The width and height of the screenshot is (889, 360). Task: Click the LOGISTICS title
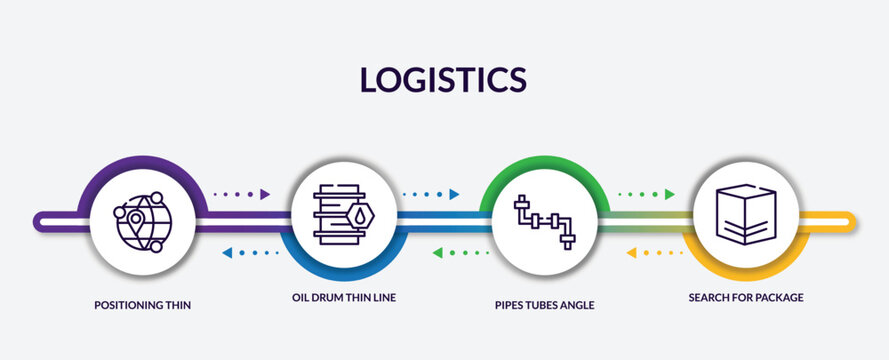pos(443,79)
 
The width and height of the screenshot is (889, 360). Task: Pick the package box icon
pos(745,214)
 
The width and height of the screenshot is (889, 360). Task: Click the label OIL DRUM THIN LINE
pos(344,297)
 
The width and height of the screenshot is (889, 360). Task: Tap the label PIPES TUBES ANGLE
pos(544,305)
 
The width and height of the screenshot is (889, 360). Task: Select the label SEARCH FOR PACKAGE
pos(745,297)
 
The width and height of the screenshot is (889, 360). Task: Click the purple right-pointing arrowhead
pos(265,194)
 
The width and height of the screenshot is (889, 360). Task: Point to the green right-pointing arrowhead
pos(669,194)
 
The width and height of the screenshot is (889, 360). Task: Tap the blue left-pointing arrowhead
pos(226,253)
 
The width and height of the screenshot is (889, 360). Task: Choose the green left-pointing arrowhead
pos(438,253)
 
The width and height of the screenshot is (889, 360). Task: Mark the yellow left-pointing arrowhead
pos(631,253)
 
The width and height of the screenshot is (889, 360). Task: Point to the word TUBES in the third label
pos(542,305)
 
